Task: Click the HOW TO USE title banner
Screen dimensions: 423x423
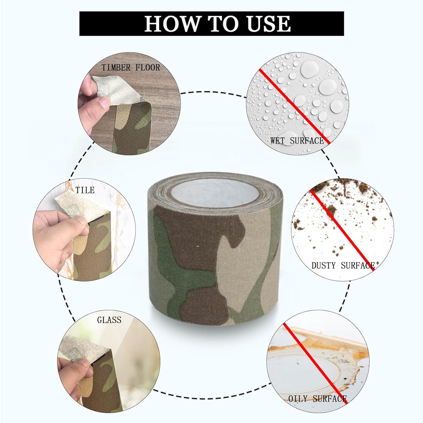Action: [211, 23]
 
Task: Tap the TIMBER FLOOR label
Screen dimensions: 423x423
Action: [131, 67]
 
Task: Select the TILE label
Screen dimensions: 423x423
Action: [85, 190]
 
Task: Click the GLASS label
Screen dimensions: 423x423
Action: [109, 320]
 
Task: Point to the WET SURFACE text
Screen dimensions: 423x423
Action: [297, 140]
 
